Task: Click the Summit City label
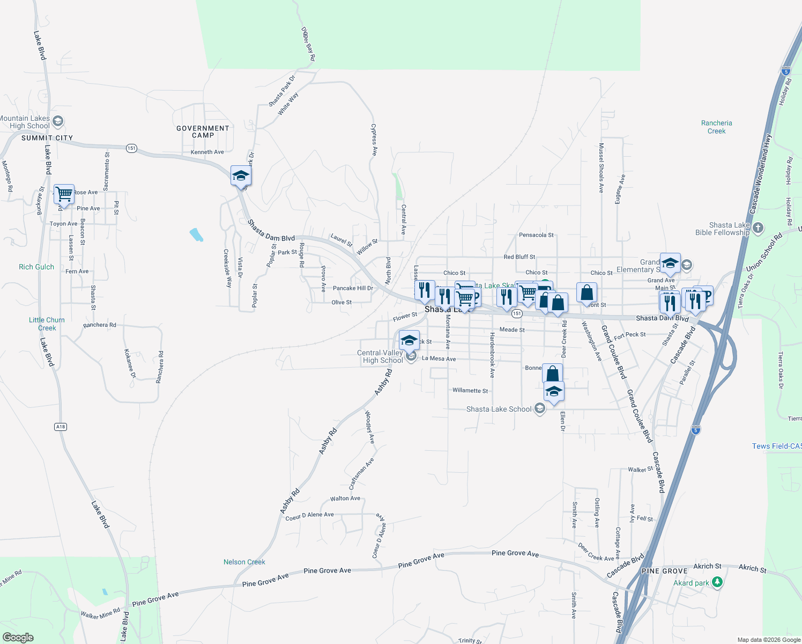click(x=47, y=138)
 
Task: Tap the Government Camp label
click(x=203, y=131)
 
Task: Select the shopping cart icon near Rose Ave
click(x=64, y=194)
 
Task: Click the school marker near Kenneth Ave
click(x=241, y=176)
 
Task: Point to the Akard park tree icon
click(x=717, y=582)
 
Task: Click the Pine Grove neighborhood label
click(x=664, y=571)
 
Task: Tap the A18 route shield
click(x=61, y=427)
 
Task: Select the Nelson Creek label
click(x=244, y=562)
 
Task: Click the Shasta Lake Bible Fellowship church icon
click(x=758, y=228)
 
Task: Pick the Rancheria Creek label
click(x=716, y=127)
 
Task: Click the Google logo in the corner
click(x=18, y=637)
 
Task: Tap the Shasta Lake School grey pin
click(x=540, y=409)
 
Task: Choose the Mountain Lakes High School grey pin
click(x=58, y=121)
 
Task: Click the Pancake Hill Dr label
click(x=353, y=288)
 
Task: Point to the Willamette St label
click(x=470, y=391)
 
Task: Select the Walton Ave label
click(x=345, y=499)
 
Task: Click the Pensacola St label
click(x=536, y=235)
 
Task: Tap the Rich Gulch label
click(x=36, y=267)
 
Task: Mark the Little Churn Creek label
click(x=47, y=324)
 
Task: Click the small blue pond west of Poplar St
click(x=196, y=235)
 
